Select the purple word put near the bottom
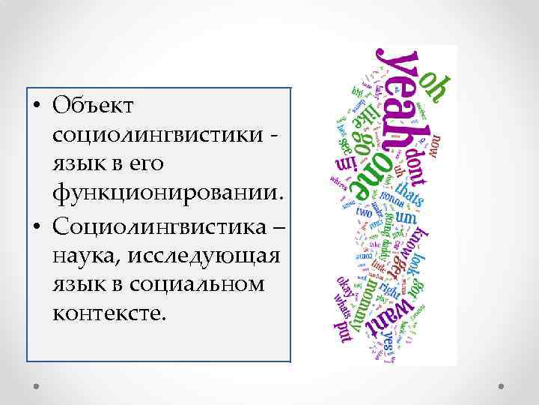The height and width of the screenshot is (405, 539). [345, 331]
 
